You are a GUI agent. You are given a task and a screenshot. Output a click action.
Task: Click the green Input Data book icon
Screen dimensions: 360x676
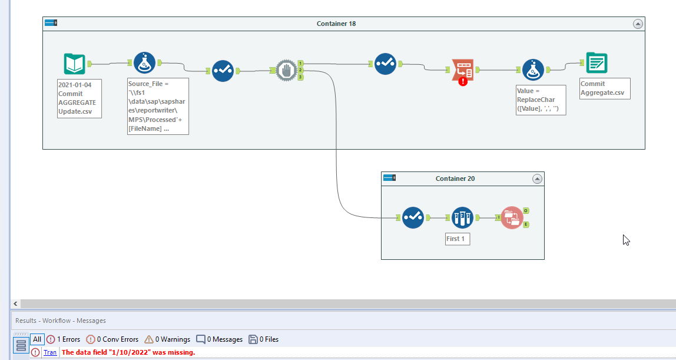click(75, 64)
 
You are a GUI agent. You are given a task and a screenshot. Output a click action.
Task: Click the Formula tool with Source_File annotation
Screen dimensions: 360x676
click(144, 62)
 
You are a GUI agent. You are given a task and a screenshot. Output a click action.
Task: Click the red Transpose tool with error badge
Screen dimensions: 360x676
click(462, 70)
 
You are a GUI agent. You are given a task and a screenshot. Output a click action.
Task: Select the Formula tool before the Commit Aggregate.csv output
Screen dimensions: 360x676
click(533, 70)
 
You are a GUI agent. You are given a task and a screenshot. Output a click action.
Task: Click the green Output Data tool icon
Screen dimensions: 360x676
click(597, 63)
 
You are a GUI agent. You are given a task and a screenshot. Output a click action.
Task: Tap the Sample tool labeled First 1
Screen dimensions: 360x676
click(462, 217)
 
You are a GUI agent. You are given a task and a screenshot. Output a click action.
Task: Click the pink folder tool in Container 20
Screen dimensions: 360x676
click(512, 217)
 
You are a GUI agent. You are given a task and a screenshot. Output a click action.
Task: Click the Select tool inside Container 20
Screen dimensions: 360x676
click(413, 217)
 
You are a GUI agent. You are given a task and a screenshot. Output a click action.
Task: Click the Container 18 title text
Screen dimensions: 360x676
click(336, 24)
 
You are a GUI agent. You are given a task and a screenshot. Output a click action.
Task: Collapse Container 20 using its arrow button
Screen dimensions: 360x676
click(536, 179)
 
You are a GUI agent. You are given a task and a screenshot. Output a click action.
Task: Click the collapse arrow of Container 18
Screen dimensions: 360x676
click(637, 24)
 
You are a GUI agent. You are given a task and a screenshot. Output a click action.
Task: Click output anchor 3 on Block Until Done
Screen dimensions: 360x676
click(300, 77)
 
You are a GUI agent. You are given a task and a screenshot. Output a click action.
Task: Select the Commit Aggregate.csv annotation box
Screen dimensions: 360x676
click(605, 88)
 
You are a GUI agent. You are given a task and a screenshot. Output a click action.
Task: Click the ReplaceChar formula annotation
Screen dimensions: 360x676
click(541, 100)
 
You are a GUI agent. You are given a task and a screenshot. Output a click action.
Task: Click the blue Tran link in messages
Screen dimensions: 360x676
click(50, 352)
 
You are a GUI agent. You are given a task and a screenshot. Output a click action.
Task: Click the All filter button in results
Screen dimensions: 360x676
click(37, 339)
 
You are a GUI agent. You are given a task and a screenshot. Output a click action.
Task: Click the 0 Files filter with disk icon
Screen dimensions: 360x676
click(263, 339)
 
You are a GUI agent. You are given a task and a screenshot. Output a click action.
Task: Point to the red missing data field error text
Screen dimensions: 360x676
click(128, 352)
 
